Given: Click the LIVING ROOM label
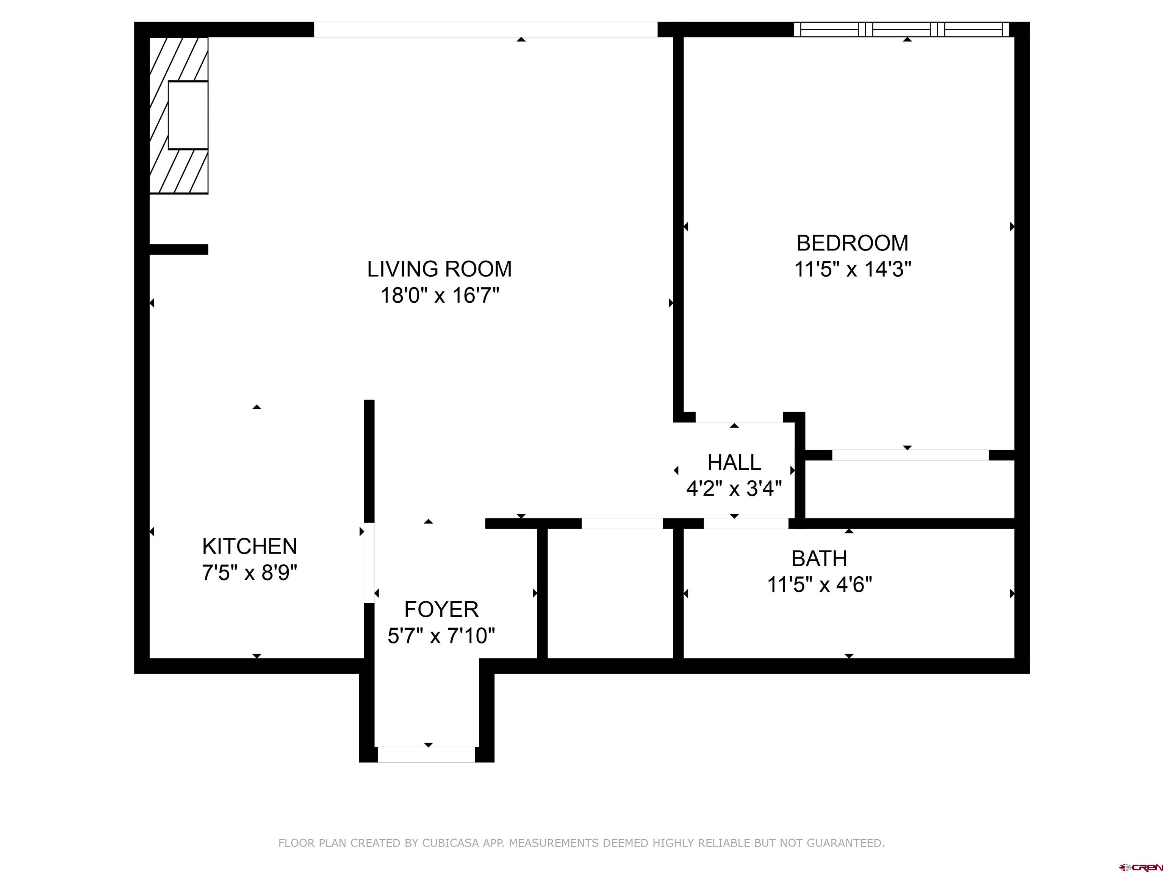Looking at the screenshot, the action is tap(440, 269).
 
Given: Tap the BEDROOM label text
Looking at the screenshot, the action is tap(853, 243).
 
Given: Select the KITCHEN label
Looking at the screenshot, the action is tap(249, 546).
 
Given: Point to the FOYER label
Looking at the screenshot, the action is tap(441, 609).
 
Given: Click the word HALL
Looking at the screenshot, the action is tap(734, 463).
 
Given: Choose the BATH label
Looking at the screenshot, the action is tap(819, 559).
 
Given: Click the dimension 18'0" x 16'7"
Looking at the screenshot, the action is tap(440, 295).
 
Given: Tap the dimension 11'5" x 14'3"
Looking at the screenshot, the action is tap(853, 269).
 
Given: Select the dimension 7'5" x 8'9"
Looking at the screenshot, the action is tap(249, 573).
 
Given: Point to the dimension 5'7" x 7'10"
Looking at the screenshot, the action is tap(441, 636).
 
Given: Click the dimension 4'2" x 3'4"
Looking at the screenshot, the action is tap(734, 489).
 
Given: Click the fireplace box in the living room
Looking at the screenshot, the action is tap(188, 115).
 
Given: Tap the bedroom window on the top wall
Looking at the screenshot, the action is tap(901, 30).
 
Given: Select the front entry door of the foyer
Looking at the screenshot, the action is tap(426, 754).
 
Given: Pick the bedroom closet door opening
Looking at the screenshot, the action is tap(911, 455).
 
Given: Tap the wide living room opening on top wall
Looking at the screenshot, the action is tap(486, 30).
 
